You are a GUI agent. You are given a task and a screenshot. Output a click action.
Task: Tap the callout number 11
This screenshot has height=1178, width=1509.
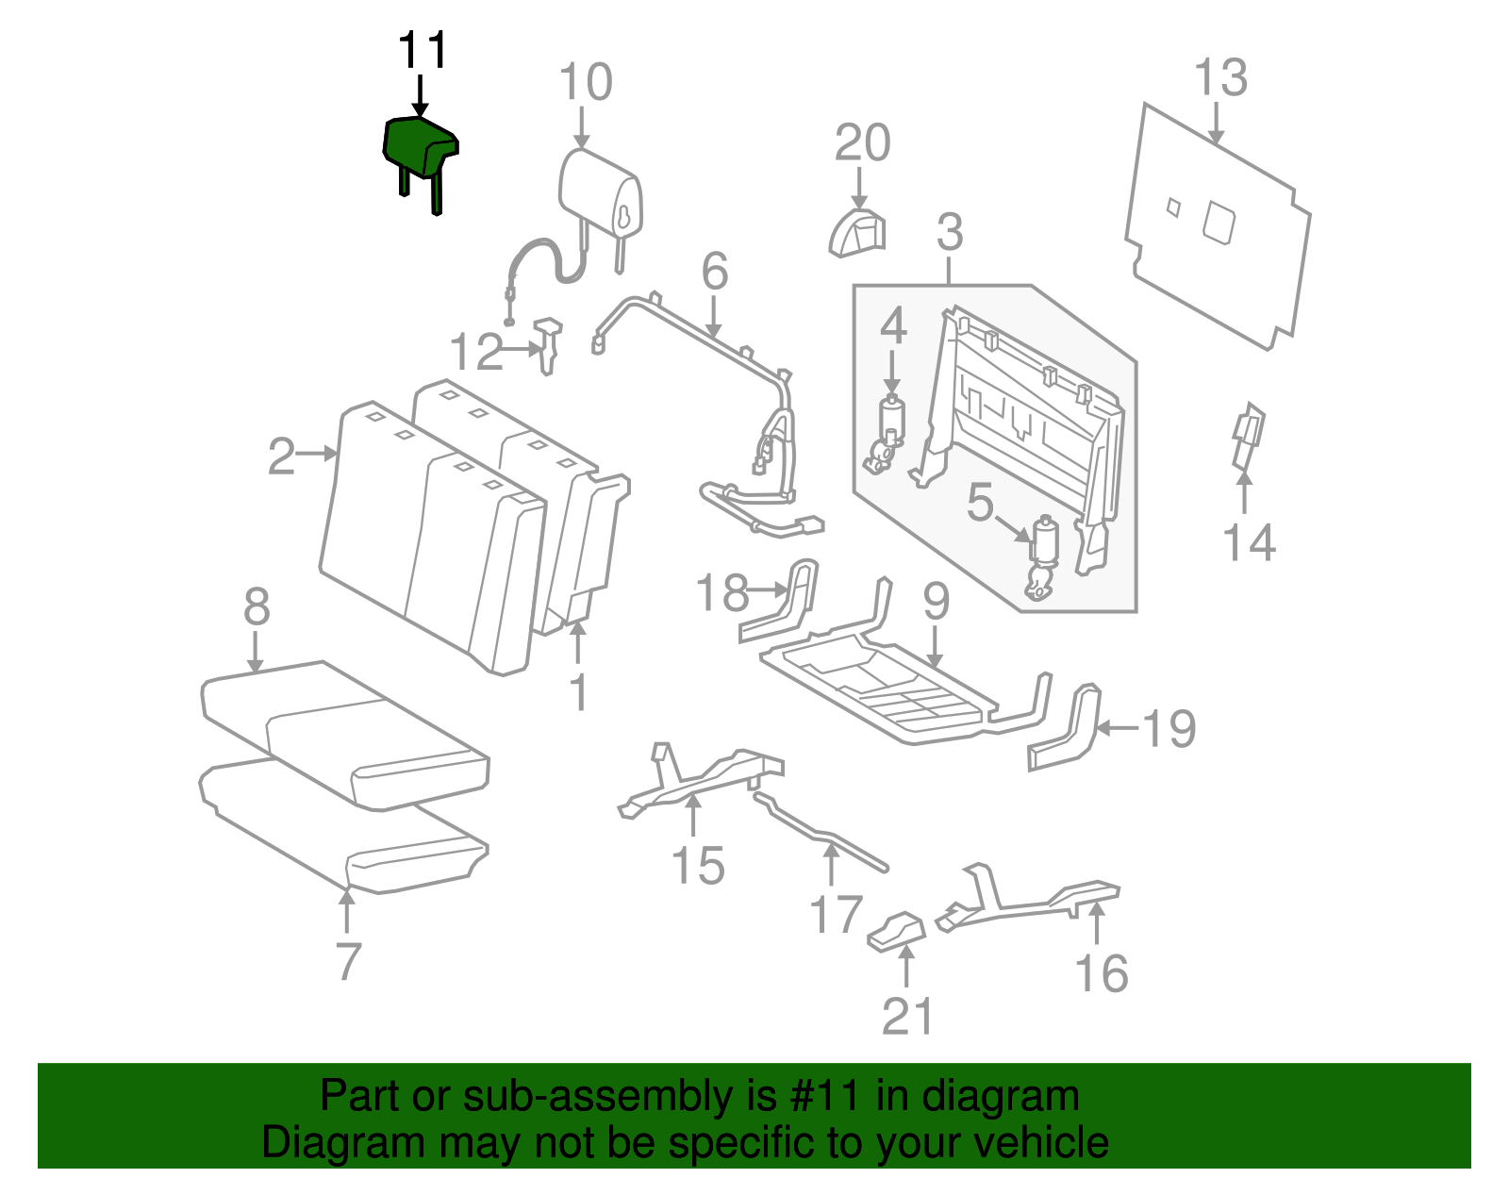[x=422, y=51]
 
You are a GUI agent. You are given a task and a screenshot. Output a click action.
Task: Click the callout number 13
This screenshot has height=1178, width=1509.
[x=1220, y=77]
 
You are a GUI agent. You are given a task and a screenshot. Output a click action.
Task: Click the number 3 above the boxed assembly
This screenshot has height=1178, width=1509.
[x=950, y=232]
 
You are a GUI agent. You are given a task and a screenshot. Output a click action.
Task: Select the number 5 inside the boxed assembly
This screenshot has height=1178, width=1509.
[x=980, y=503]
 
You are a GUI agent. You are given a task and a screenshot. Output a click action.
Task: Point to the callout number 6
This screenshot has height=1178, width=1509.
[x=714, y=272]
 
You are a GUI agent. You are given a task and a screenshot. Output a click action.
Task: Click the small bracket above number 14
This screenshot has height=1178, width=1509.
[x=1248, y=436]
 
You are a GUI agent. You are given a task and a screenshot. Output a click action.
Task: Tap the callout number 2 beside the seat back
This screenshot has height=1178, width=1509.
[x=281, y=456]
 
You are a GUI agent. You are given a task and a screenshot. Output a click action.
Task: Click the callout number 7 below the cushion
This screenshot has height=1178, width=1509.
[x=349, y=961]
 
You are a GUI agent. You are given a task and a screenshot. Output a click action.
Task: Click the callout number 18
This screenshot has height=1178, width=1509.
[x=721, y=593]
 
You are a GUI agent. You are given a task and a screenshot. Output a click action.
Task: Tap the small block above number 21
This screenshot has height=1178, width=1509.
[x=897, y=931]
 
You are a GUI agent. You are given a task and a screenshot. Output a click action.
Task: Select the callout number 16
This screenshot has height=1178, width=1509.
[x=1102, y=973]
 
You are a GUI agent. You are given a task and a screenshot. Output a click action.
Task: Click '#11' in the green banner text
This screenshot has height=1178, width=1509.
[x=821, y=1097]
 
